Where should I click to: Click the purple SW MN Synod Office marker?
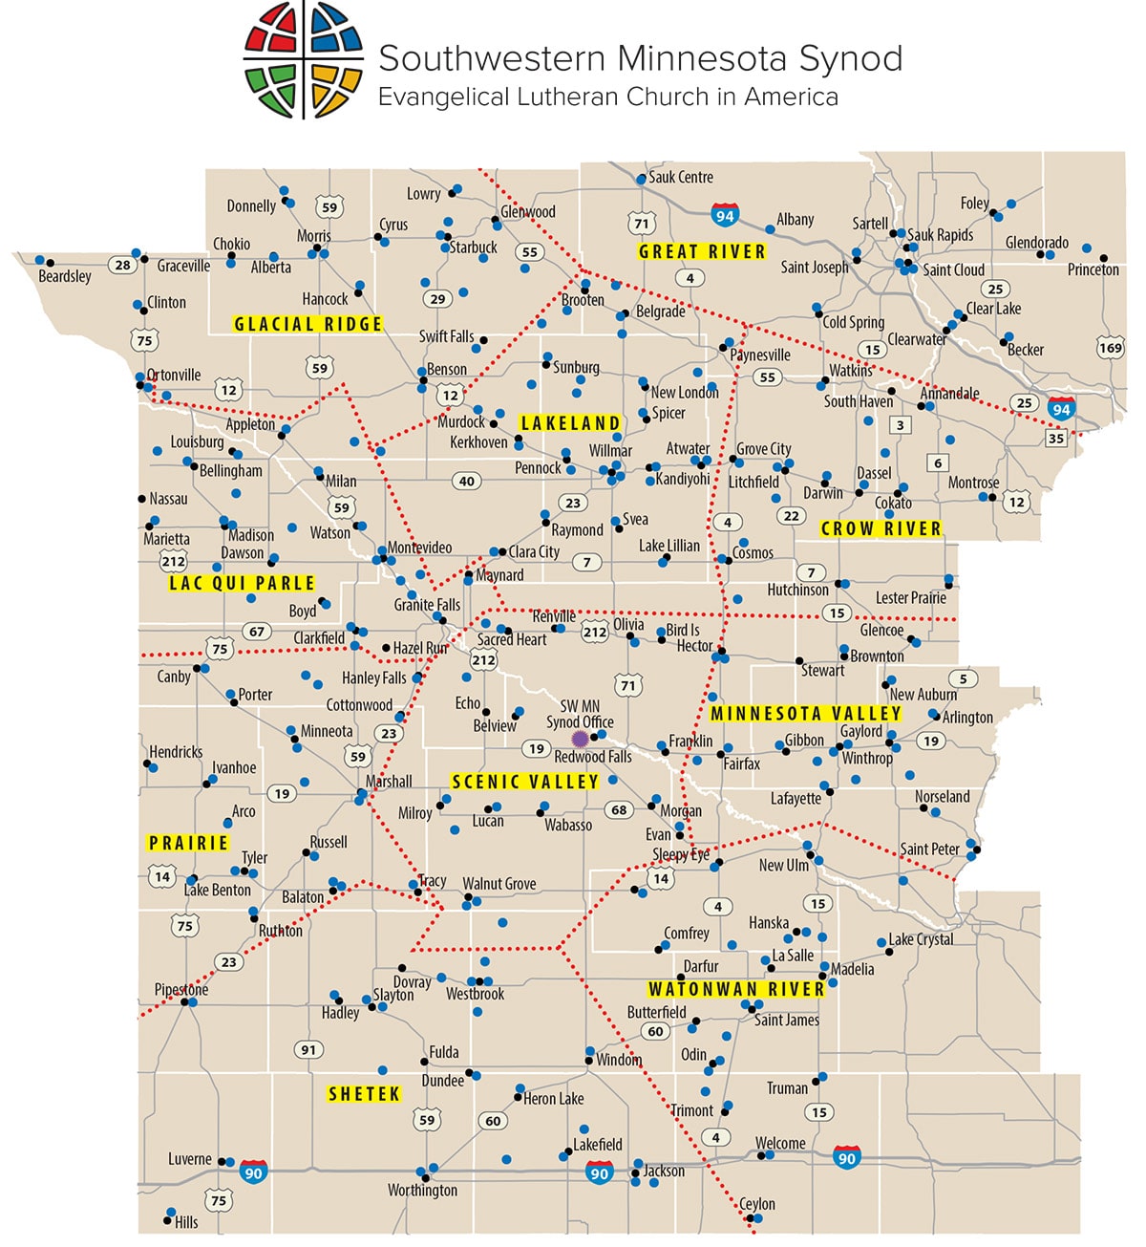pos(579,739)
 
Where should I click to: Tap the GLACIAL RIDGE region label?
pos(308,324)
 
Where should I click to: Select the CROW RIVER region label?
pos(881,528)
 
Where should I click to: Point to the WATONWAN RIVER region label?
pos(735,990)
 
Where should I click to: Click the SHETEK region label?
pos(364,1094)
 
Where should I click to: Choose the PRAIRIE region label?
pos(188,843)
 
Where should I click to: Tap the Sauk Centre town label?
pos(681,177)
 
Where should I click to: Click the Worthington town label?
pos(422,1191)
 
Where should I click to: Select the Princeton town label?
pos(1093,269)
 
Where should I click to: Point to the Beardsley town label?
pos(65,276)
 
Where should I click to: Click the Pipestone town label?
pos(181,989)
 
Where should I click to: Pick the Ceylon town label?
pos(757,1204)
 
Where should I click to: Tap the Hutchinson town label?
pos(797,590)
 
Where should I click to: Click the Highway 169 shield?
pos(1111,348)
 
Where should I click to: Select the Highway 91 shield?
pos(308,1049)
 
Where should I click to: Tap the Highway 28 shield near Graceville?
pos(122,265)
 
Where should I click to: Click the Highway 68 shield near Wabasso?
pos(619,809)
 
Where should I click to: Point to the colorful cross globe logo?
pos(304,59)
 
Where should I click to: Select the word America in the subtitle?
pos(791,97)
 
